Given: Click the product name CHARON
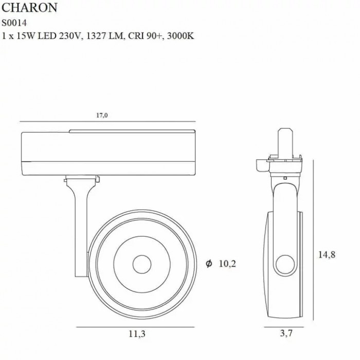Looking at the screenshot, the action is [29, 8].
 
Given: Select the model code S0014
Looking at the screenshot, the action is [14, 23].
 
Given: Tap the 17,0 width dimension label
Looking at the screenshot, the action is [102, 115].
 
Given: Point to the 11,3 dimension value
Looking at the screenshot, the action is [137, 334].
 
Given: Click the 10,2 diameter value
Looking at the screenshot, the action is [227, 263].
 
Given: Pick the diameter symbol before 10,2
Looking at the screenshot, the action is [209, 263].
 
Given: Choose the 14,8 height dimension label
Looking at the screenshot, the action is [327, 255].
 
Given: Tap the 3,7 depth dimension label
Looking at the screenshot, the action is [286, 333].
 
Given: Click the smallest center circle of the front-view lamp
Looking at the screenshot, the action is [142, 264].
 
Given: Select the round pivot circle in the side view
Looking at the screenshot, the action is [285, 264].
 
